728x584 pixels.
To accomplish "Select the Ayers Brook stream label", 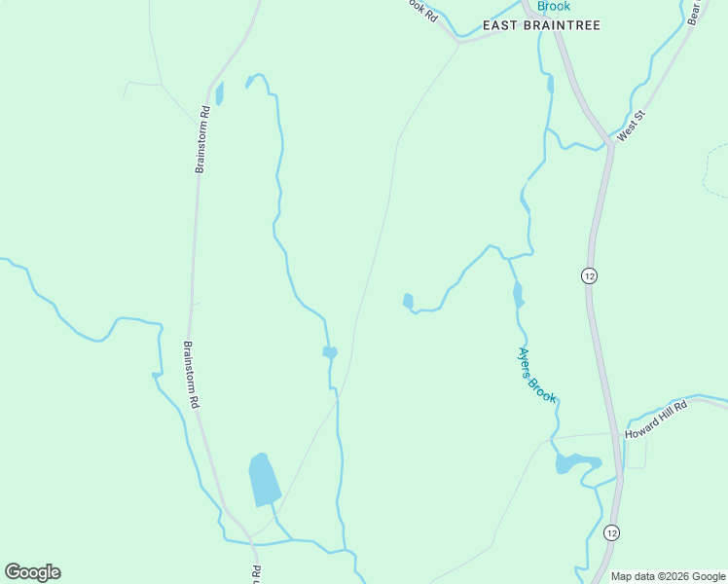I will (x=536, y=375).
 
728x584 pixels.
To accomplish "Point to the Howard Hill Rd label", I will (x=656, y=420).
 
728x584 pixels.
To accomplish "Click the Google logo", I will (x=32, y=572).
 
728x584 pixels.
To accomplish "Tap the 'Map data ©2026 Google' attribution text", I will (x=669, y=576).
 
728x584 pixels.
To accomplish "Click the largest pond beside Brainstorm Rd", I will (x=263, y=479).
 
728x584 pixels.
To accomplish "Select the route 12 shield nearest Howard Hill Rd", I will (x=611, y=532).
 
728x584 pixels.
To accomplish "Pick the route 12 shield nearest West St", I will (x=589, y=275).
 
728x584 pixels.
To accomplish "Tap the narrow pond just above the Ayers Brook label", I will (x=518, y=294).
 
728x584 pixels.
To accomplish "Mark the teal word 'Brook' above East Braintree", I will (x=554, y=6).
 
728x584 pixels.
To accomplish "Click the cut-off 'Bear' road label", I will (x=693, y=12).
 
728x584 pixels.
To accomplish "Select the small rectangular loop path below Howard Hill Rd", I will (x=635, y=454).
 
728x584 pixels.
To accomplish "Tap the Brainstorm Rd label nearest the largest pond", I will (x=194, y=374).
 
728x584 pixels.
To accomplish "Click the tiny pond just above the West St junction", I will (x=550, y=85).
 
